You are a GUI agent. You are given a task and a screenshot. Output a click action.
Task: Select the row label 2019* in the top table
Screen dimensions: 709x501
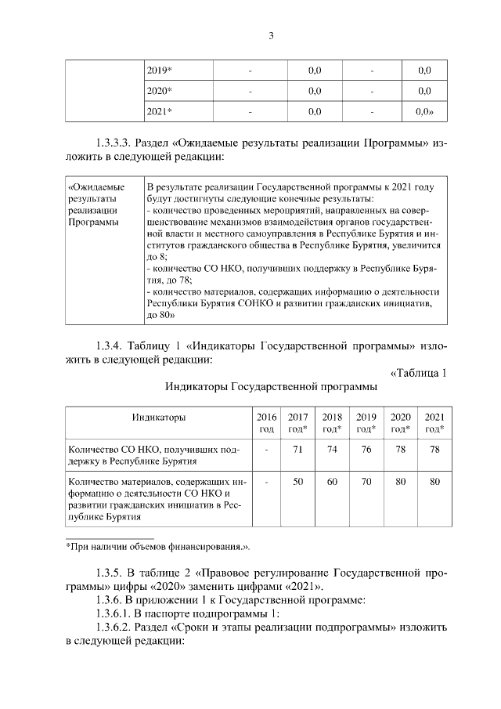[160, 71]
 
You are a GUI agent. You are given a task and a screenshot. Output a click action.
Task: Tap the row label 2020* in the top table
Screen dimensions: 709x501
[160, 91]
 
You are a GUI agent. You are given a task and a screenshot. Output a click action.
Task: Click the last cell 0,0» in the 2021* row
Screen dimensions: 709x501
[424, 111]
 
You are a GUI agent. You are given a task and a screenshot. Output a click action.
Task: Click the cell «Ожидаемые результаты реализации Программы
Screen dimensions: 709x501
[97, 205]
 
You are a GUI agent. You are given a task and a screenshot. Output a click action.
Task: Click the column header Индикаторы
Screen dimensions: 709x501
[158, 417]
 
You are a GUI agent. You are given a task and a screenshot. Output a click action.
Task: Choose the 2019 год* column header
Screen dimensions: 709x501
[366, 423]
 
